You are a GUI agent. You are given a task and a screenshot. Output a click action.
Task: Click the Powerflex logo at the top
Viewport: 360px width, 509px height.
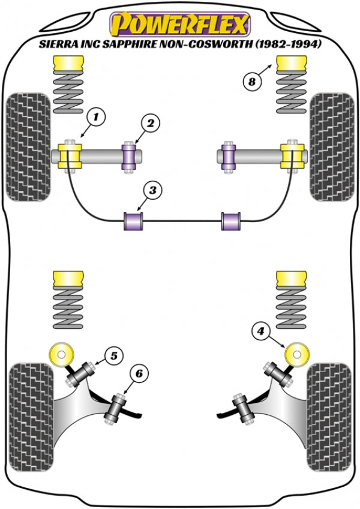179,25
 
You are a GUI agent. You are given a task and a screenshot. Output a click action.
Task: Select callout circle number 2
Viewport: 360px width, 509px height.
150,124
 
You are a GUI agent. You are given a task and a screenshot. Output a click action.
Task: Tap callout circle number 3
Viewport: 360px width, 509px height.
152,191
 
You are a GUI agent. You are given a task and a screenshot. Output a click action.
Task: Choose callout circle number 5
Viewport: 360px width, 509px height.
112,356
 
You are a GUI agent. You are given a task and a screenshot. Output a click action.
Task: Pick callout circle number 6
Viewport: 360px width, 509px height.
139,374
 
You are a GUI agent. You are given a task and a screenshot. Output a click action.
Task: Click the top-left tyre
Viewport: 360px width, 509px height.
28,146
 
